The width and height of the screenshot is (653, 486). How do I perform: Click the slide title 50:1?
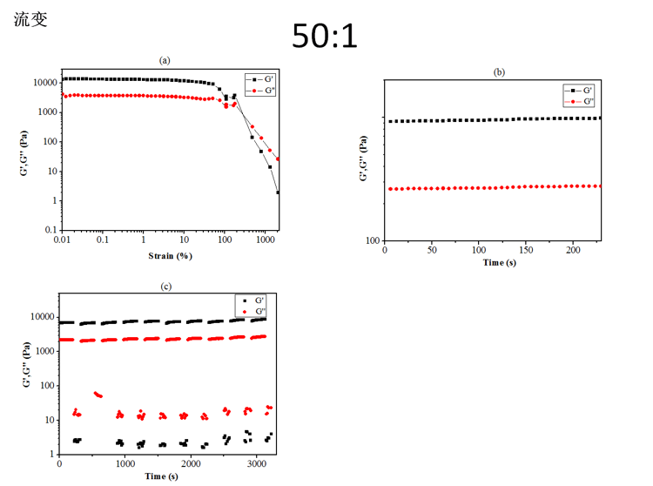pyautogui.click(x=325, y=36)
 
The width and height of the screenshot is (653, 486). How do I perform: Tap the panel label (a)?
pyautogui.click(x=165, y=60)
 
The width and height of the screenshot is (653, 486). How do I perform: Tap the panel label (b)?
pyautogui.click(x=499, y=72)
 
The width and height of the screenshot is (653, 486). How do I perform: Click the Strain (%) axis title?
pyautogui.click(x=171, y=256)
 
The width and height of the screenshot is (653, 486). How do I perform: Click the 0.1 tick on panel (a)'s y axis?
pyautogui.click(x=50, y=230)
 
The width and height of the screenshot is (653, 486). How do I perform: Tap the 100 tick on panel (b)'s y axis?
pyautogui.click(x=372, y=240)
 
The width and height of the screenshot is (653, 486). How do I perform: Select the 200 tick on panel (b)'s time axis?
pyautogui.click(x=572, y=251)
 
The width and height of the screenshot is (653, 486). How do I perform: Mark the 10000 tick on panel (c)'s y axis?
pyautogui.click(x=41, y=317)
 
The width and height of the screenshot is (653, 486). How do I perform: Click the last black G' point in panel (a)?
pyautogui.click(x=278, y=192)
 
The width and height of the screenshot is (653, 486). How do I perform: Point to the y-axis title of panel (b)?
pyautogui.click(x=364, y=163)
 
